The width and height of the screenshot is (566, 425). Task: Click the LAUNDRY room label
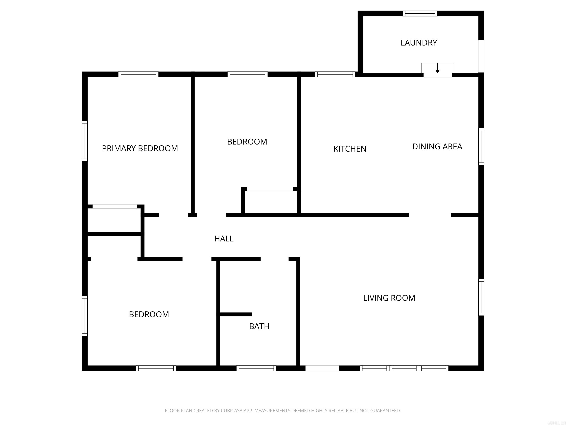click(x=419, y=43)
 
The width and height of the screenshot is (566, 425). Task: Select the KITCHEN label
click(x=350, y=149)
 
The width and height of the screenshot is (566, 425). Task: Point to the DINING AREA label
click(x=437, y=146)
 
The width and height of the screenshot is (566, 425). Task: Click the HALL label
click(x=224, y=239)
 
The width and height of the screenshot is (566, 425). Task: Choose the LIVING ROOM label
click(x=389, y=298)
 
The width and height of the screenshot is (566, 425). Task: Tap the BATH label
click(x=259, y=326)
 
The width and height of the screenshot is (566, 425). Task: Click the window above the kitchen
click(x=335, y=74)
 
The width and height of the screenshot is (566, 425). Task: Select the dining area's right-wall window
click(x=481, y=146)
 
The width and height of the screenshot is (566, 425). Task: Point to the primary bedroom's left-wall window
click(x=85, y=141)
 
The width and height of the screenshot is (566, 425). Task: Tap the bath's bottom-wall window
click(x=256, y=368)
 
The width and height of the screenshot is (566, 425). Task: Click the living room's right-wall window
click(x=481, y=297)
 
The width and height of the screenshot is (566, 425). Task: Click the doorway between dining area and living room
click(x=430, y=215)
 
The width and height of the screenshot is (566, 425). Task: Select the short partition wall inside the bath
click(x=236, y=314)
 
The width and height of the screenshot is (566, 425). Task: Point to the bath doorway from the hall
click(x=274, y=259)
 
